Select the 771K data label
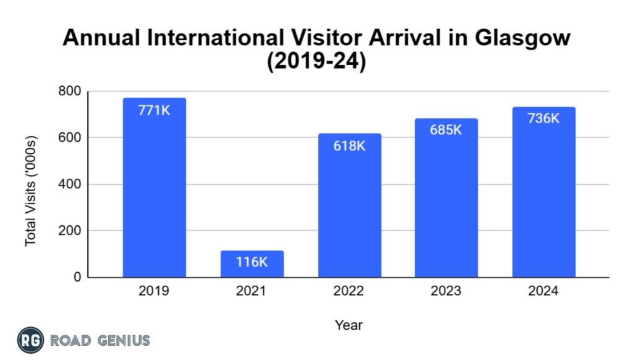pyautogui.click(x=154, y=112)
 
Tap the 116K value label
pyautogui.click(x=252, y=262)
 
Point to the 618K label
pyautogui.click(x=349, y=148)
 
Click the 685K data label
pyautogui.click(x=446, y=131)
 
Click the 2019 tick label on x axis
pyautogui.click(x=154, y=291)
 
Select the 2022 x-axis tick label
pyautogui.click(x=349, y=291)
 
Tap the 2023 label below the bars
pyautogui.click(x=446, y=291)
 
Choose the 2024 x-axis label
pyautogui.click(x=543, y=291)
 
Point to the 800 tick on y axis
pyautogui.click(x=69, y=92)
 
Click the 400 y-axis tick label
pyautogui.click(x=69, y=184)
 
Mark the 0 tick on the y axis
pyautogui.click(x=77, y=278)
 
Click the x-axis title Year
pyautogui.click(x=349, y=325)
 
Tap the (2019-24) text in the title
pyautogui.click(x=316, y=62)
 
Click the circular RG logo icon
pyautogui.click(x=30, y=340)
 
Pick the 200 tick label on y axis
pyautogui.click(x=69, y=231)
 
